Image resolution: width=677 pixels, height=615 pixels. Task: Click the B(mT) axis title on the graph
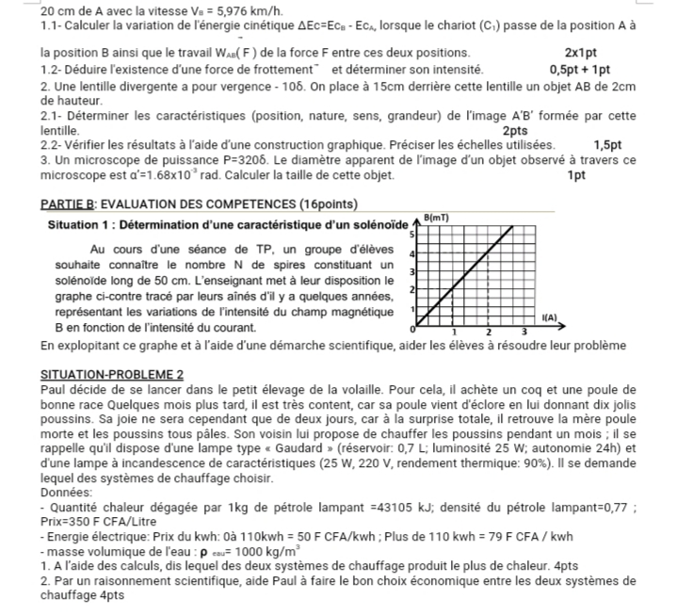click(438, 217)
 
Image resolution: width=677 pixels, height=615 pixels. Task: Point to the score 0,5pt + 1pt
click(580, 69)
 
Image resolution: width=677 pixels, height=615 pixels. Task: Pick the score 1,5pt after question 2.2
click(607, 145)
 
